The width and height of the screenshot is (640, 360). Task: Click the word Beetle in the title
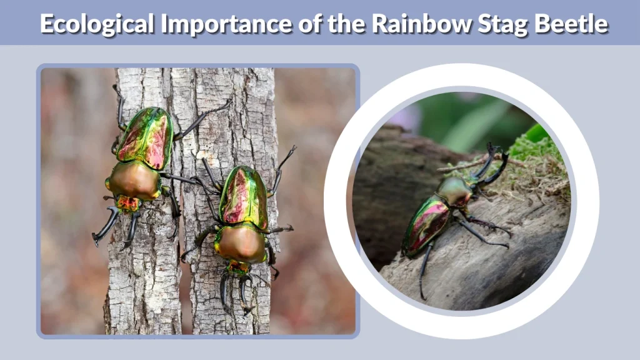pyautogui.click(x=574, y=24)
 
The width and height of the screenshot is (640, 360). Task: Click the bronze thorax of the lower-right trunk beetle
pyautogui.click(x=241, y=244)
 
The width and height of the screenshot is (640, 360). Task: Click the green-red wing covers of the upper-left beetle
pyautogui.click(x=145, y=136)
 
